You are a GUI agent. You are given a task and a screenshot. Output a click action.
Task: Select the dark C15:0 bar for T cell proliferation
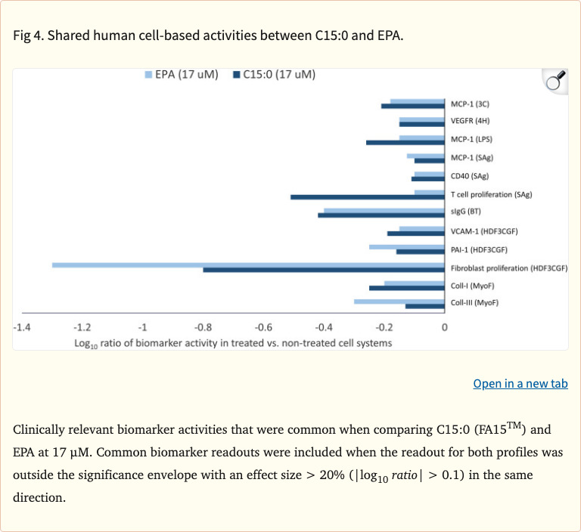(368, 197)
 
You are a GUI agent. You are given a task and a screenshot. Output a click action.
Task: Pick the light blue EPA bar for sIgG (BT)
(384, 211)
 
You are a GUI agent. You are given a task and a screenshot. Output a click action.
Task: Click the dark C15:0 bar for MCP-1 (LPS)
(405, 142)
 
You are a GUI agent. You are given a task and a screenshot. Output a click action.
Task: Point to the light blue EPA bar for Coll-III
(399, 302)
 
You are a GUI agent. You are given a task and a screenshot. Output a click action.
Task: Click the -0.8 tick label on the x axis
(202, 327)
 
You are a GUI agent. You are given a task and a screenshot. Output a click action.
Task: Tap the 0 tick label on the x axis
(445, 327)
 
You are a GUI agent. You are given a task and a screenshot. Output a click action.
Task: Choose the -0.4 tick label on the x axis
(323, 327)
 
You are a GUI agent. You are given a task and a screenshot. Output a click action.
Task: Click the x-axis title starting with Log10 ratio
(233, 342)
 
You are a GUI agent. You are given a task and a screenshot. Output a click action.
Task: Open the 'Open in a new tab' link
(520, 384)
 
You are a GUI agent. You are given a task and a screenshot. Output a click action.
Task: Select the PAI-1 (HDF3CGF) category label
(479, 249)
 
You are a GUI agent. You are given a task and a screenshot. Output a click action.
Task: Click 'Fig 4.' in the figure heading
(28, 36)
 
